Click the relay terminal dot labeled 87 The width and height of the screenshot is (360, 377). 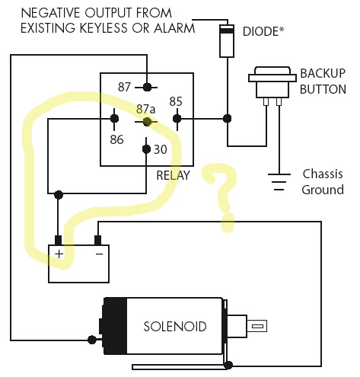coord(147,87)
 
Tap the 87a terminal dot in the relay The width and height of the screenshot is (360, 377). coord(147,122)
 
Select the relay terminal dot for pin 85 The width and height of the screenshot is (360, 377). coord(177,119)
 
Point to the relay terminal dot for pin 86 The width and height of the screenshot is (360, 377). coord(114,119)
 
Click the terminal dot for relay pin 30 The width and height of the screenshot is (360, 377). coord(146,149)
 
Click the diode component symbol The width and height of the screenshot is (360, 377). coord(227,41)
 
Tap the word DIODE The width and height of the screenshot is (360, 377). coord(260,31)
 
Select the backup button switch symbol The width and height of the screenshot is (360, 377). coord(272,86)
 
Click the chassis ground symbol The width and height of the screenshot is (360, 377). coord(279,182)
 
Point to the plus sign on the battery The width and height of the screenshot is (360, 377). coord(59,254)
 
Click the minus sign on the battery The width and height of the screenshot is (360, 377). coord(99,254)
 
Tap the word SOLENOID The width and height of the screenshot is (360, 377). coord(175,327)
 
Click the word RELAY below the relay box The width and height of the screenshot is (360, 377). coord(173,175)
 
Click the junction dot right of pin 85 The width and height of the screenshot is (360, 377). coord(227,119)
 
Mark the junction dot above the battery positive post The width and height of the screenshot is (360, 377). coord(59,195)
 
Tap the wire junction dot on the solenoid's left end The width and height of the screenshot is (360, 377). coord(92,340)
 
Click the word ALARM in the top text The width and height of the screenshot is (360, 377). coord(174,28)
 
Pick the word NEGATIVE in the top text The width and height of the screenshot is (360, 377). coord(52,13)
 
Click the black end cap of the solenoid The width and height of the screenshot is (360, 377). coord(115,326)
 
